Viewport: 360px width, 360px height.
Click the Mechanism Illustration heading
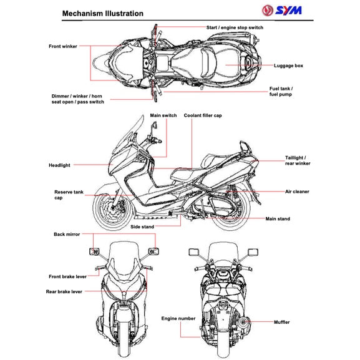(x=103, y=13)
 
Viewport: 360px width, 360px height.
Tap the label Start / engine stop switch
(x=235, y=27)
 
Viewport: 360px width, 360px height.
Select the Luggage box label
(x=288, y=65)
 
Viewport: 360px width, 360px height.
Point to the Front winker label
(x=63, y=46)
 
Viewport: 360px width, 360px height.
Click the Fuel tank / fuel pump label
(x=281, y=91)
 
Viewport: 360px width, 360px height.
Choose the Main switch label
(x=163, y=115)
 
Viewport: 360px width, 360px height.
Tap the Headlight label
(x=59, y=165)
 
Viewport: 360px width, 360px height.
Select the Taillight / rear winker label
(x=298, y=161)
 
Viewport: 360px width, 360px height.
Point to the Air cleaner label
(x=297, y=192)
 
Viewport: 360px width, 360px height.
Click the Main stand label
(x=278, y=219)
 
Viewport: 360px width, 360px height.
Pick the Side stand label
(x=142, y=227)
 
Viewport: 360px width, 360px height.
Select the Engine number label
(x=178, y=318)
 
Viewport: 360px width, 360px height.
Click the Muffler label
(x=282, y=322)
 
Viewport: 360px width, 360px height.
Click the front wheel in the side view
(x=112, y=211)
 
